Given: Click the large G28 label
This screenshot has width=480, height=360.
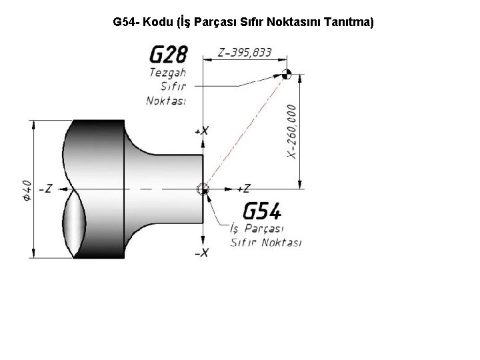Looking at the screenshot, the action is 169,54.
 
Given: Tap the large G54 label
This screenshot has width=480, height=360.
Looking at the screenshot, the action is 262,211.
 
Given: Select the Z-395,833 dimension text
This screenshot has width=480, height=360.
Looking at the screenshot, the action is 245,53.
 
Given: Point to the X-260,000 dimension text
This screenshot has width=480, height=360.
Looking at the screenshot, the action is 292,131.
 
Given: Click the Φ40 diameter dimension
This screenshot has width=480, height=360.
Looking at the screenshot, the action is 27,191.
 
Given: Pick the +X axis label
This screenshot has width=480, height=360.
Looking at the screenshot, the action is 201,131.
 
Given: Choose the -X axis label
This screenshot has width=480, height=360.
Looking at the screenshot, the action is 201,253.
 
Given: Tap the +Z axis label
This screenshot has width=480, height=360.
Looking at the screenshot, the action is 244,188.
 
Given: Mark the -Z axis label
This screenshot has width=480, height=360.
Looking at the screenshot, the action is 45,189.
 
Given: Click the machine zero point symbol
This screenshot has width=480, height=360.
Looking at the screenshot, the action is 287,74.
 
